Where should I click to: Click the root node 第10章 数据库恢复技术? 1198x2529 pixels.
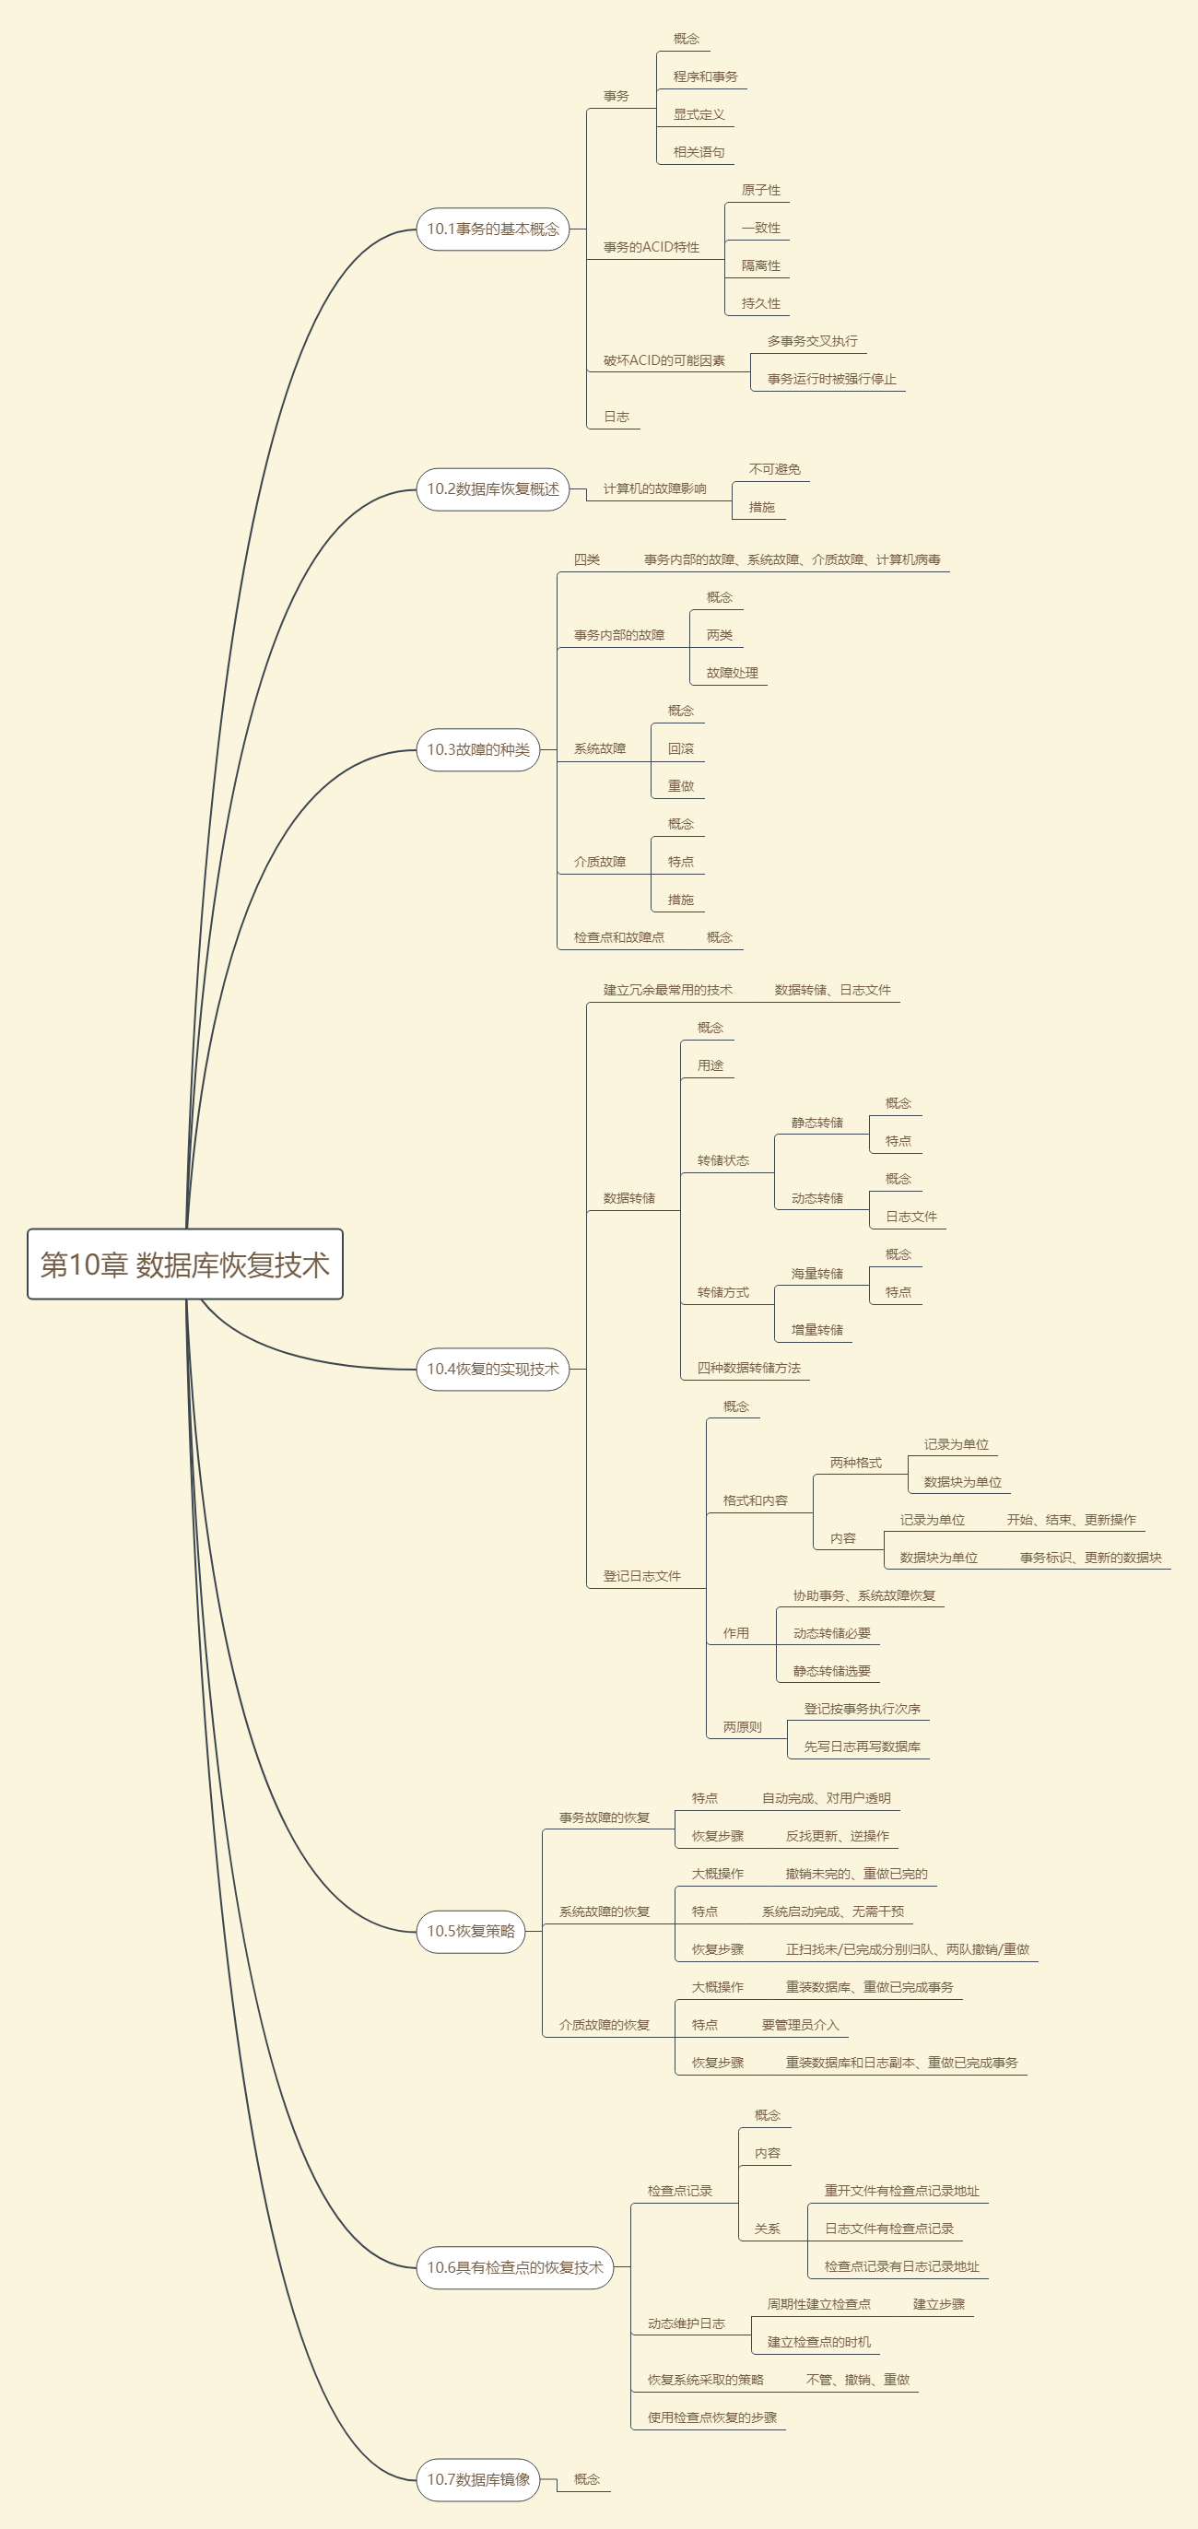pyautogui.click(x=184, y=1264)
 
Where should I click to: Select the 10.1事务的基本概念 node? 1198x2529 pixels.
pyautogui.click(x=492, y=229)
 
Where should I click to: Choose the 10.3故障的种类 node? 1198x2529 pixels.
pyautogui.click(x=477, y=750)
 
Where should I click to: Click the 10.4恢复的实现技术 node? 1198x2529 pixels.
pyautogui.click(x=492, y=1370)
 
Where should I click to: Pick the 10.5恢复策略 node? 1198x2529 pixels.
pyautogui.click(x=470, y=1931)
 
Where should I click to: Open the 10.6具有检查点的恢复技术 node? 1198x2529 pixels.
pyautogui.click(x=514, y=2268)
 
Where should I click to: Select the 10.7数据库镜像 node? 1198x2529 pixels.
pyautogui.click(x=477, y=2480)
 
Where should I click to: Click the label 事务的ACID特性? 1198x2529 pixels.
pyautogui.click(x=651, y=247)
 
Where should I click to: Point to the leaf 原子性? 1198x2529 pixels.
pyautogui.click(x=761, y=191)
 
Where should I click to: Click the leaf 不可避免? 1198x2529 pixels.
pyautogui.click(x=775, y=469)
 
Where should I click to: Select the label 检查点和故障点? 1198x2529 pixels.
pyautogui.click(x=618, y=937)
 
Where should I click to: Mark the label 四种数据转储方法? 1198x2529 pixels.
pyautogui.click(x=748, y=1369)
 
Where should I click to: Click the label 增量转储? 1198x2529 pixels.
pyautogui.click(x=817, y=1330)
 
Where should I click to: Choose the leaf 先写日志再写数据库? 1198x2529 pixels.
pyautogui.click(x=863, y=1747)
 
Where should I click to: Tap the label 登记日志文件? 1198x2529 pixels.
pyautogui.click(x=641, y=1577)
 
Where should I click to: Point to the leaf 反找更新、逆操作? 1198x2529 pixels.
pyautogui.click(x=837, y=1836)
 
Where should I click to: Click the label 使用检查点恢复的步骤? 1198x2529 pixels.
pyautogui.click(x=712, y=2418)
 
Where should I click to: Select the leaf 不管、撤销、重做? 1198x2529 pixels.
pyautogui.click(x=857, y=2380)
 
